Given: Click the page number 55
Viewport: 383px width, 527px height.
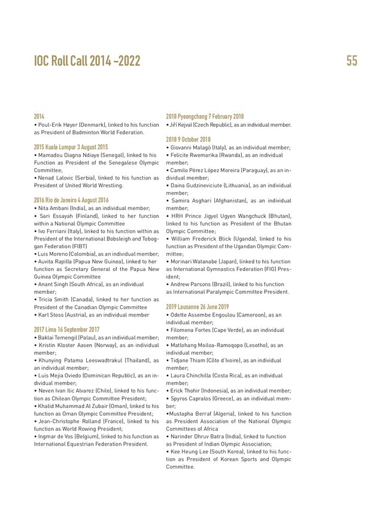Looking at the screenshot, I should (351, 60).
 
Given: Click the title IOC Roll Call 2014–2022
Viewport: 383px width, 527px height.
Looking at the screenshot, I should (87, 60).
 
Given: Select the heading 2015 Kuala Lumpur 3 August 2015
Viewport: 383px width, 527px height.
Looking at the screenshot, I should (71, 147).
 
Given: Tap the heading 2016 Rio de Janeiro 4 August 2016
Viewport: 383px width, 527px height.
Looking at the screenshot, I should (71, 200).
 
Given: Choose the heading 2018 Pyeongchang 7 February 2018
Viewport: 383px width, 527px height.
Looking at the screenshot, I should (205, 116).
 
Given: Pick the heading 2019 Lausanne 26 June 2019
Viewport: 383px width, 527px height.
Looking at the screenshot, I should (197, 306).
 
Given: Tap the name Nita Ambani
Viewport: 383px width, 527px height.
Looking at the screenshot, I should (53, 208).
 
